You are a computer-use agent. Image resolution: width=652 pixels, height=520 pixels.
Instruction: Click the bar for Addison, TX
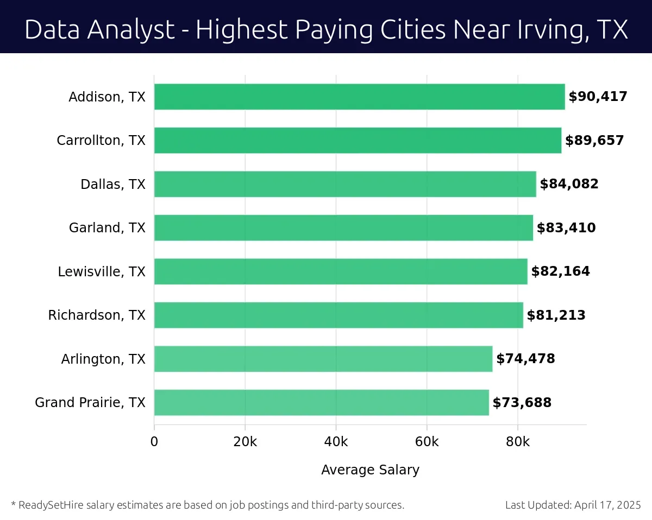pos(359,97)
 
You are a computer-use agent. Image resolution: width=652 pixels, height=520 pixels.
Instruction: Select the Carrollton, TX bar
pos(358,140)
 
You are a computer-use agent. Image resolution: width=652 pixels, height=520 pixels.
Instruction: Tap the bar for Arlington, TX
pos(323,359)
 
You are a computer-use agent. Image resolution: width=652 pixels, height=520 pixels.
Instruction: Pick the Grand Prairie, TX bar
pos(321,402)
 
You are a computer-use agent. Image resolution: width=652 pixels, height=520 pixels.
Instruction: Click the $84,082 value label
pos(569,184)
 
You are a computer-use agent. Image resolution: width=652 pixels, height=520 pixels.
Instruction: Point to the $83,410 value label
pos(566,228)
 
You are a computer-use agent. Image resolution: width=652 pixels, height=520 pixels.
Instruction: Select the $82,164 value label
pos(560,271)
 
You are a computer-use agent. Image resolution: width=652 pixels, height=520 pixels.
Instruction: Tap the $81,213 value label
pos(556,315)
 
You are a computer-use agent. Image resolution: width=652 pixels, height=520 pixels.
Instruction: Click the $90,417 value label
pos(598,97)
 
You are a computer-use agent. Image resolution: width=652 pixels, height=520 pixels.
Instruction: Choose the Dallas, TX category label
pos(113,184)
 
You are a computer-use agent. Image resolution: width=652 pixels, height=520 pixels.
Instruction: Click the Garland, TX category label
pos(107,228)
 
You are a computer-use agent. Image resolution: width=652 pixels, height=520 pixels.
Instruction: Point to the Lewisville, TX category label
pos(102,271)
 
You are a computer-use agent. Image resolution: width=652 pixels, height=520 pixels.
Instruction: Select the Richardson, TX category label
pos(97,315)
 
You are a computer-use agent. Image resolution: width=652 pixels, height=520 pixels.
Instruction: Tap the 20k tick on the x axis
pos(245,442)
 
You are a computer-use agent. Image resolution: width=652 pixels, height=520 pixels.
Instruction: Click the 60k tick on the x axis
pos(427,442)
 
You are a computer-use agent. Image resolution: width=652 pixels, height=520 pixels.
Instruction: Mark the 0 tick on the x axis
pos(154,442)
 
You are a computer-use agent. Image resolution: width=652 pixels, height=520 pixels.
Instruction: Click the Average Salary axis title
pos(370,470)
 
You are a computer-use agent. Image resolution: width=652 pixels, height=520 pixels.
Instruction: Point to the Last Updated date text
pos(573,505)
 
